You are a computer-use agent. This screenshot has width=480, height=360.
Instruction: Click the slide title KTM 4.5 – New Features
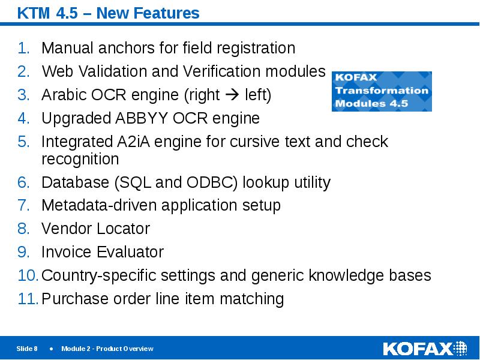click(109, 13)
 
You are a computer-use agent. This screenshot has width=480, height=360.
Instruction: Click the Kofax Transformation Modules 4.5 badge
click(382, 91)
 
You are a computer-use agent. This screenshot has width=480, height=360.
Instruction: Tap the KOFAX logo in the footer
click(424, 349)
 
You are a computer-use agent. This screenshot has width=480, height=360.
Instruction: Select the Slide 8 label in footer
click(27, 349)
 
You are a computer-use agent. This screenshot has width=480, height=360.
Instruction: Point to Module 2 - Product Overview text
click(107, 349)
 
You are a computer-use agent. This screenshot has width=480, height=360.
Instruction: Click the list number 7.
click(23, 206)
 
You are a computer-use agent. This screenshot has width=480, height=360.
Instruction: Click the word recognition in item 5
click(80, 160)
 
